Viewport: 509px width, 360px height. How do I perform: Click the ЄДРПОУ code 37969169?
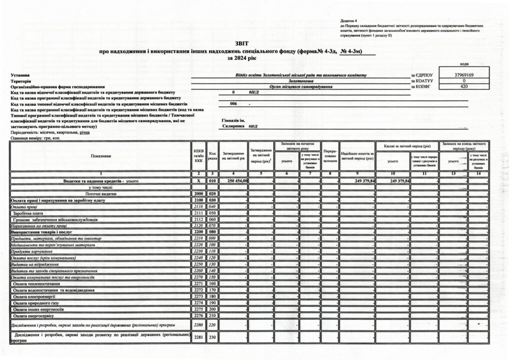(464, 75)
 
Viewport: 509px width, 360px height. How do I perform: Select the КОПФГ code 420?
(464, 86)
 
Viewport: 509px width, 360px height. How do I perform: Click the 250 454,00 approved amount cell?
(234, 180)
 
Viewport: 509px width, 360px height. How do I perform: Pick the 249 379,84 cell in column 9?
(357, 180)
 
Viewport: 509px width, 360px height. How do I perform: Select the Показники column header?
(101, 156)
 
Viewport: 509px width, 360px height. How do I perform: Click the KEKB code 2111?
(198, 213)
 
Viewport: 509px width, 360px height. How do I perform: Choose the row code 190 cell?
(212, 303)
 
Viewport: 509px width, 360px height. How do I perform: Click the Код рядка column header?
(212, 155)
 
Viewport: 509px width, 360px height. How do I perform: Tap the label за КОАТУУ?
(420, 81)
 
